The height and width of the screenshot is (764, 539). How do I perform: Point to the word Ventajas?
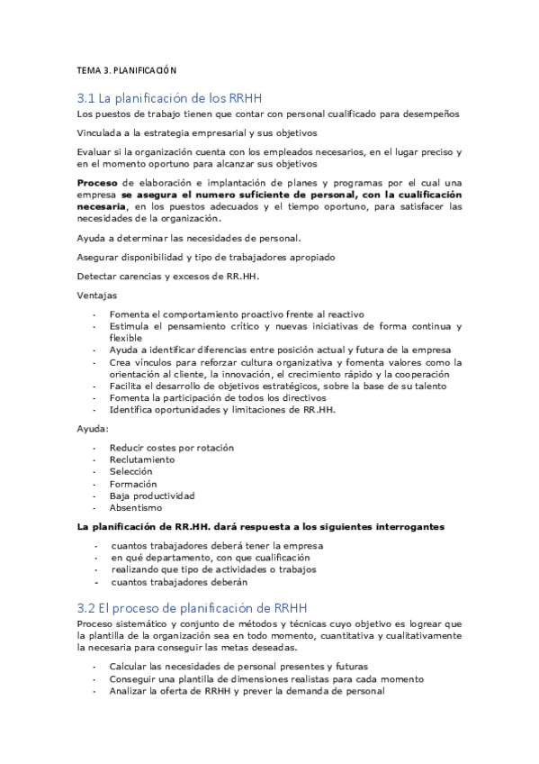(96, 296)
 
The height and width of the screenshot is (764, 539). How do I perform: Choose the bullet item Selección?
(131, 471)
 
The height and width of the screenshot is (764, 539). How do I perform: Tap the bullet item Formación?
(133, 484)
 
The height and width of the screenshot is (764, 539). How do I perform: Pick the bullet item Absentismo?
(137, 508)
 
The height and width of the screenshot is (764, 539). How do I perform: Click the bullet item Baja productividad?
(152, 496)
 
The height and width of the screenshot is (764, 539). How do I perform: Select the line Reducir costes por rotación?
(171, 447)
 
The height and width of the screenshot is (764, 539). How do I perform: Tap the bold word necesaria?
(104, 206)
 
